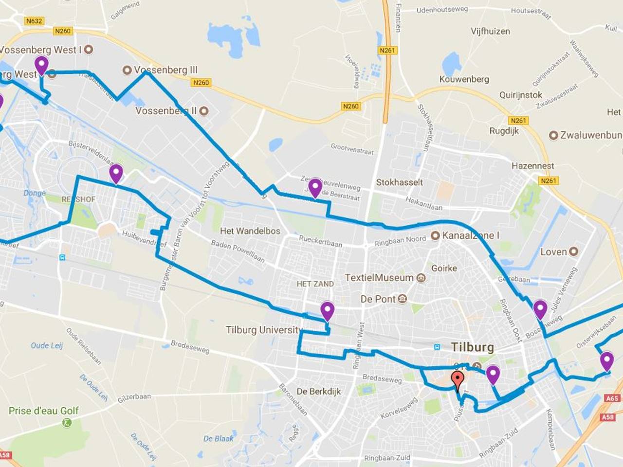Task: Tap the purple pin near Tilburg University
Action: point(327,310)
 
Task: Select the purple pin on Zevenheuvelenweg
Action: point(315,187)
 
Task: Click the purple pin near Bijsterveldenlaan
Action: point(116,173)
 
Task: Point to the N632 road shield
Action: point(34,21)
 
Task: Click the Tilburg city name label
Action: point(472,347)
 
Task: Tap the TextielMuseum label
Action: point(379,278)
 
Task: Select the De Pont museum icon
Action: point(402,299)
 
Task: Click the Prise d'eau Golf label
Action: point(43,411)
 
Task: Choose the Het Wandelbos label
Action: point(250,231)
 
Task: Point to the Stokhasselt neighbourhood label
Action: point(399,182)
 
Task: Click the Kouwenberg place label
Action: point(464,79)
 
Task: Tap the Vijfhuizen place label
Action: point(490,32)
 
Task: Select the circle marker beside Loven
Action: point(573,251)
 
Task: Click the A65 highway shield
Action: point(612,398)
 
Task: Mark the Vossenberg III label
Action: point(165,70)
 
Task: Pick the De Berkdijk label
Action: point(319,391)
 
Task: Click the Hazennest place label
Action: point(532,166)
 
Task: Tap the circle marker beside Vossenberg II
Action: point(204,111)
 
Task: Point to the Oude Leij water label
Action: point(47,345)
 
